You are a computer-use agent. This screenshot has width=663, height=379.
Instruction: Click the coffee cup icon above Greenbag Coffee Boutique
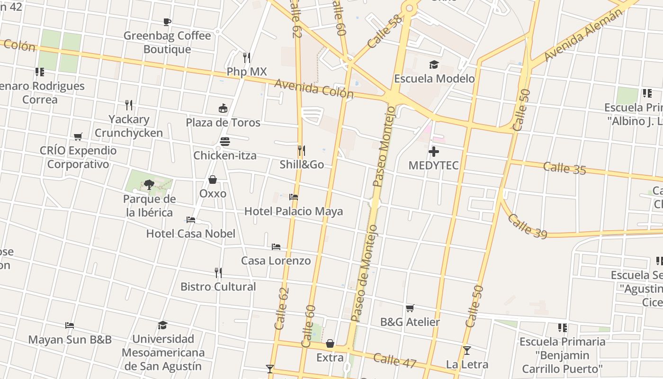pyautogui.click(x=167, y=22)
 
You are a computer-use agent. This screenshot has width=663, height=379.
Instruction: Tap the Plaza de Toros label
pyautogui.click(x=223, y=123)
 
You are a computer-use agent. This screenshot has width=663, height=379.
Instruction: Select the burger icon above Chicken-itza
pyautogui.click(x=225, y=142)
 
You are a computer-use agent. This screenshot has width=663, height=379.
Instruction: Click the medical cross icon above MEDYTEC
pyautogui.click(x=433, y=152)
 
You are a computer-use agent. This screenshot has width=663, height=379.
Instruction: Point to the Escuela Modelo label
pyautogui.click(x=434, y=79)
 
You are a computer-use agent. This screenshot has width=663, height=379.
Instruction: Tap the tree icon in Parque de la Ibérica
pyautogui.click(x=149, y=184)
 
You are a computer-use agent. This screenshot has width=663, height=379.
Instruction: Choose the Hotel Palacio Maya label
pyautogui.click(x=293, y=211)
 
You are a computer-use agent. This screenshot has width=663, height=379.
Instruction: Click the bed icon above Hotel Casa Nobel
pyautogui.click(x=191, y=220)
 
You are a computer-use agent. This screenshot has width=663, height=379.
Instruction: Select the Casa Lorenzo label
pyautogui.click(x=276, y=261)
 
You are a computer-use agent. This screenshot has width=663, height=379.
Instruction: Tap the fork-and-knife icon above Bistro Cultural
pyautogui.click(x=218, y=273)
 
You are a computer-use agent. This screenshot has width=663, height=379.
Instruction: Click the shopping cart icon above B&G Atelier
pyautogui.click(x=410, y=308)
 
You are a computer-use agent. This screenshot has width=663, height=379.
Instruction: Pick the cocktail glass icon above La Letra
pyautogui.click(x=467, y=351)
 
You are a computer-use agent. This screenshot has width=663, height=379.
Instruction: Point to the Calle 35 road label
pyautogui.click(x=564, y=168)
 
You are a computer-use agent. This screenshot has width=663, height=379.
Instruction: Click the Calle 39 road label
pyautogui.click(x=527, y=226)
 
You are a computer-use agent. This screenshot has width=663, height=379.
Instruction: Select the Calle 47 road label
pyautogui.click(x=394, y=361)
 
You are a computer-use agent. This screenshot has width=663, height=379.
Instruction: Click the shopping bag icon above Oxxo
pyautogui.click(x=213, y=180)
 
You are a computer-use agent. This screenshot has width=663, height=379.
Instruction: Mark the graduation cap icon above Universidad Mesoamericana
pyautogui.click(x=163, y=325)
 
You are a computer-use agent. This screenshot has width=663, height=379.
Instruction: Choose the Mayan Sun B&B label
pyautogui.click(x=70, y=340)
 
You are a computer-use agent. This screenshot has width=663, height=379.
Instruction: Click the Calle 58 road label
pyautogui.click(x=384, y=31)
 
